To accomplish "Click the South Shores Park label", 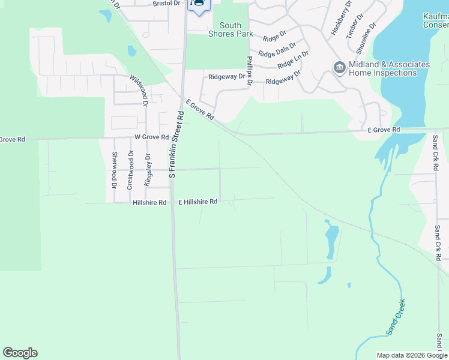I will [x=231, y=29].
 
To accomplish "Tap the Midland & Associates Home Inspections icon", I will [x=339, y=67].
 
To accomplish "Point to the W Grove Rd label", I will [x=151, y=137].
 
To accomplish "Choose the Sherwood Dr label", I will [x=114, y=169].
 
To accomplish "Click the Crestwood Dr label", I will [x=130, y=170].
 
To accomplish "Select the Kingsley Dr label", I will [x=147, y=169].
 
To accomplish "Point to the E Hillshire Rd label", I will [x=197, y=203].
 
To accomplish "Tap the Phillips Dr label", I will [x=250, y=71].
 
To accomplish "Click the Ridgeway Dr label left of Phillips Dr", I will [x=227, y=77].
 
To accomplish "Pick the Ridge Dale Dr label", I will [x=277, y=50].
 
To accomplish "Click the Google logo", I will [x=20, y=353].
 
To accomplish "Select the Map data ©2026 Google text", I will [x=411, y=355].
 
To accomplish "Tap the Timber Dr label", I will [x=354, y=28].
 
